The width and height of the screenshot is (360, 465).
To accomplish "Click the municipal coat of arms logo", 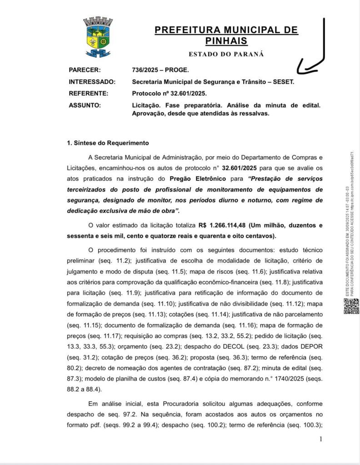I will click(98, 38).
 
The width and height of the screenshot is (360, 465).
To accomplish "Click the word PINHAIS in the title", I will click(226, 41).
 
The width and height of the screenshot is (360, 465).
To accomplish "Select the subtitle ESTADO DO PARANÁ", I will click(226, 54).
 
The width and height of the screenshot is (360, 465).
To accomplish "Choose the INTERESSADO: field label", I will click(92, 82).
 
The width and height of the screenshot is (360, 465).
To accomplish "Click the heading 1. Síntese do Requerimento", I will click(108, 143).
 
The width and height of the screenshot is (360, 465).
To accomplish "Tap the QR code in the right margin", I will click(350, 307).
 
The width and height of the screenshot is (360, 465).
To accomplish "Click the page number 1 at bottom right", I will click(320, 439).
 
